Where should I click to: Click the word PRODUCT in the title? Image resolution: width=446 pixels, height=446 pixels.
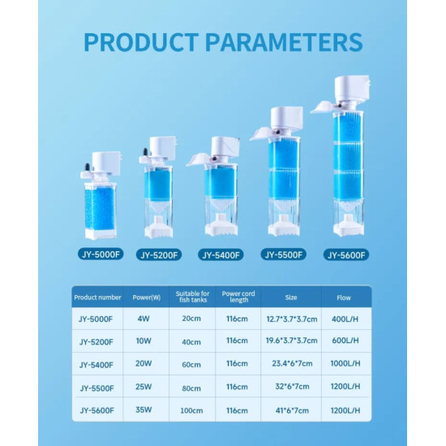(141, 42)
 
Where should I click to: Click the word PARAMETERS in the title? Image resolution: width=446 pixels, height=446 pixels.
(284, 42)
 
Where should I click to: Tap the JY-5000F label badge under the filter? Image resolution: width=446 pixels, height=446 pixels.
(101, 255)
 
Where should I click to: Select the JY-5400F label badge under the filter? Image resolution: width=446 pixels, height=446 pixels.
(221, 255)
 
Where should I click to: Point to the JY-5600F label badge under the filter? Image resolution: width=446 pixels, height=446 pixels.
(346, 255)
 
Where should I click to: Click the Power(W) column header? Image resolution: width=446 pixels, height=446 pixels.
(147, 298)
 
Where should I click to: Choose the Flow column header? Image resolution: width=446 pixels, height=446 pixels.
(344, 298)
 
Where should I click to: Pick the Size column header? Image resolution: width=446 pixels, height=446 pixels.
(291, 298)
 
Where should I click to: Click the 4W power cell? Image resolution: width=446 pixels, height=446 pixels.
(144, 319)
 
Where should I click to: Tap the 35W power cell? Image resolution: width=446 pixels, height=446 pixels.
(144, 410)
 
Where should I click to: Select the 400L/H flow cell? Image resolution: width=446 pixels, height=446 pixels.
(345, 319)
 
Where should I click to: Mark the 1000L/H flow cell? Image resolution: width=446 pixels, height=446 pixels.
(345, 363)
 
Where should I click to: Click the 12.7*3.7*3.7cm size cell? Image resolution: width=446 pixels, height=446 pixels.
(292, 319)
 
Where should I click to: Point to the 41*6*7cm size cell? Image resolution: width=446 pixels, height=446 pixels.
(292, 410)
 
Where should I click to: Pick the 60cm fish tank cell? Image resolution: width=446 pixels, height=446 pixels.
(191, 364)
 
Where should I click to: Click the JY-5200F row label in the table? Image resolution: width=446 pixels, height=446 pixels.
(96, 341)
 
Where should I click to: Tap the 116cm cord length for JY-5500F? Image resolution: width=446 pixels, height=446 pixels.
(237, 387)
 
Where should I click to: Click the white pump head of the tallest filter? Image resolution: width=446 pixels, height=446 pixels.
(352, 88)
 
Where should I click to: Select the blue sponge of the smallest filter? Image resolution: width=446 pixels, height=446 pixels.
(100, 209)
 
